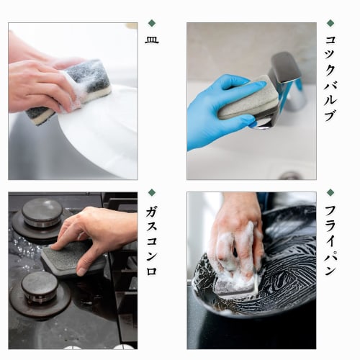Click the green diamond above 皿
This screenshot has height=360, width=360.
(152, 23)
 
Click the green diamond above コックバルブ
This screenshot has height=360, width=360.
(330, 23)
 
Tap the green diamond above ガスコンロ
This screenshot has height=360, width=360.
(152, 193)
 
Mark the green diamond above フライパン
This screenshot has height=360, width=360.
(330, 193)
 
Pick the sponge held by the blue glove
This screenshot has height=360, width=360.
(248, 99)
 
